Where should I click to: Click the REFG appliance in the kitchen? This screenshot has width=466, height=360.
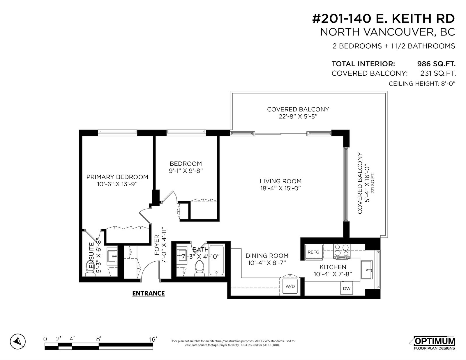(x=314, y=252)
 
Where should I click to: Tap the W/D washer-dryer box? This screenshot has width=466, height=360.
(x=290, y=286)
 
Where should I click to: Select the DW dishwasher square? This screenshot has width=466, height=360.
(x=347, y=288)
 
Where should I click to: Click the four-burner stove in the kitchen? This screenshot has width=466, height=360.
(x=342, y=251)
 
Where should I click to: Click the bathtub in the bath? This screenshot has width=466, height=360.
(x=216, y=260)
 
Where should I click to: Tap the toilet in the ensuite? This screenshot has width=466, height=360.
(x=90, y=269)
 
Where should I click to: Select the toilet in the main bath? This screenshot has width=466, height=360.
(x=200, y=268)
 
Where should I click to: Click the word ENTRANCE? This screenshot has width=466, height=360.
(x=149, y=293)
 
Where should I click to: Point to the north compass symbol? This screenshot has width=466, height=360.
(x=18, y=341)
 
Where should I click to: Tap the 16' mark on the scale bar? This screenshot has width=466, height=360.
(x=153, y=339)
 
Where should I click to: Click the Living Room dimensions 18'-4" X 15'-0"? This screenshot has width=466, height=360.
(x=280, y=188)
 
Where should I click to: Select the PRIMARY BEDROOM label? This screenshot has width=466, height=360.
(x=117, y=177)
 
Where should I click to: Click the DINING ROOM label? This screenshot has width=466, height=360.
(x=267, y=256)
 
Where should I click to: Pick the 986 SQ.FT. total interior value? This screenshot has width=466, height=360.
(x=436, y=64)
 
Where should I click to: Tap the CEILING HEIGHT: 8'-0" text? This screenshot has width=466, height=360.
(x=422, y=84)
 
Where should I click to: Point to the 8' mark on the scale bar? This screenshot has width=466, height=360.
(x=99, y=339)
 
